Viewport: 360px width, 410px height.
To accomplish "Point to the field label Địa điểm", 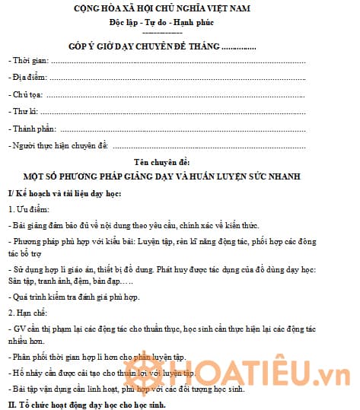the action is tap(29, 78).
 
